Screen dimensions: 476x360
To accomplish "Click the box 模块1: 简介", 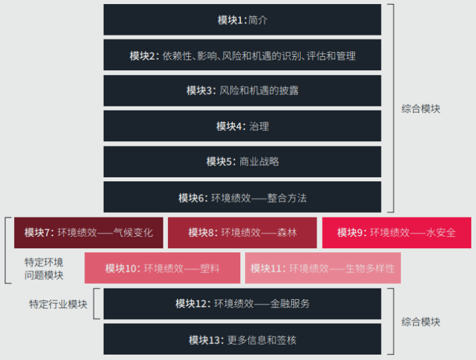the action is click(242, 19).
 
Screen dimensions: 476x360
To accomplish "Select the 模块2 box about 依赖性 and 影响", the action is click(242, 55).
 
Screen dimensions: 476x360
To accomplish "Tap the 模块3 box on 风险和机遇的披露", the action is click(242, 90).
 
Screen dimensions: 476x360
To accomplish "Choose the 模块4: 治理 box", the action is click(242, 126).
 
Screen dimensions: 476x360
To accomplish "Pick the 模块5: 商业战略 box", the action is click(242, 161).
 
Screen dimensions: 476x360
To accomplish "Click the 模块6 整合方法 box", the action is click(242, 197).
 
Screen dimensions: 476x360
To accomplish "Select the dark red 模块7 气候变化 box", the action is click(88, 233).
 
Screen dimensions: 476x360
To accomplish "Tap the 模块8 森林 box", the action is click(242, 233).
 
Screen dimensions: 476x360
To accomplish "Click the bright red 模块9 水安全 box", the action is click(397, 233).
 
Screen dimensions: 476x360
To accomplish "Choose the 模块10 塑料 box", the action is click(163, 268).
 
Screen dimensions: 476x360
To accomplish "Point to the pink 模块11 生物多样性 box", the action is click(323, 268).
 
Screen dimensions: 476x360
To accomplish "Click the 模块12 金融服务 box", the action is click(242, 304).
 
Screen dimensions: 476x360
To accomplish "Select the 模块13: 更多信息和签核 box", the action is click(242, 339).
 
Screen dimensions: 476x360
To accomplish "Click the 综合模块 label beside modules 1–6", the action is click(420, 108).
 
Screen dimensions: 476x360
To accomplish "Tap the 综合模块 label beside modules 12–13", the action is click(420, 322).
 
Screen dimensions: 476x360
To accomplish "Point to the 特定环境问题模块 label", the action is click(44, 268).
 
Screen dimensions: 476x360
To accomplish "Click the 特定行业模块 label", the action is click(58, 304).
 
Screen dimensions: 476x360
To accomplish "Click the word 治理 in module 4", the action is click(259, 126).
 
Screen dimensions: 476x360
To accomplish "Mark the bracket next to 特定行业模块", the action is click(94, 304).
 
